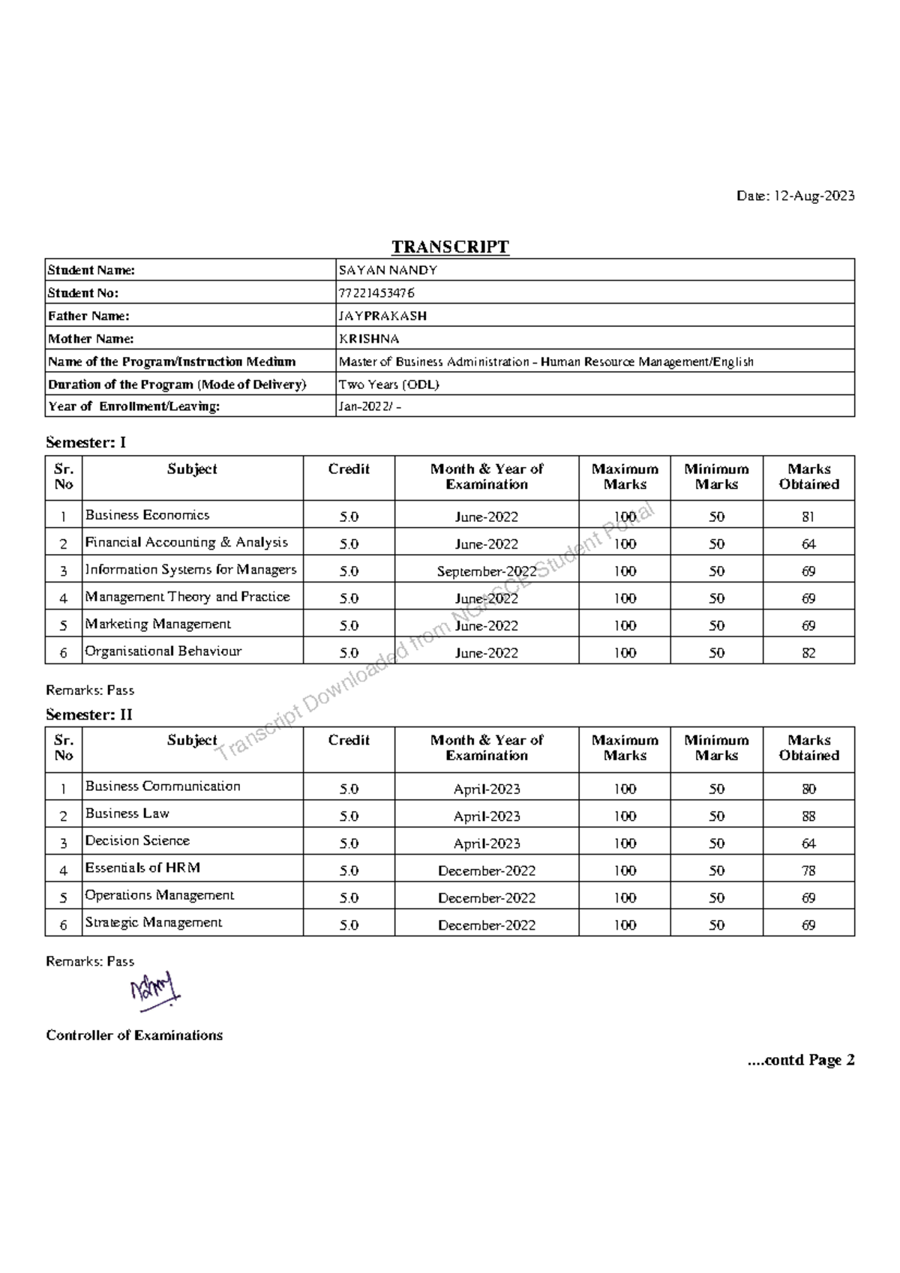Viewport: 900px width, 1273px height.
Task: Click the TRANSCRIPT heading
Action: [x=450, y=247]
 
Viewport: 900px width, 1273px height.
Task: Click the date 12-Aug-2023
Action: [x=814, y=196]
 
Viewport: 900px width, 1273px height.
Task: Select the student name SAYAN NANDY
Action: [x=388, y=270]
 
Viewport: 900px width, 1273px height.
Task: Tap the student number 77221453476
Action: [x=376, y=292]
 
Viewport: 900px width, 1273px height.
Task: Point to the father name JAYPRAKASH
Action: [x=382, y=316]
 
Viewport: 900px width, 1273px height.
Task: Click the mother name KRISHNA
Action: [x=369, y=339]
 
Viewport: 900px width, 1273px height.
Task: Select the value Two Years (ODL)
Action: [x=388, y=385]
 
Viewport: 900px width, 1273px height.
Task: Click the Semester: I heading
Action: [x=85, y=442]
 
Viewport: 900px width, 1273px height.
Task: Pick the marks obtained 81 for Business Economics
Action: [x=808, y=517]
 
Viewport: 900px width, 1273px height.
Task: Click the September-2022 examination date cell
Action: [x=486, y=571]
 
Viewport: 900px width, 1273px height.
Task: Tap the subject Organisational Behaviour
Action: [x=163, y=651]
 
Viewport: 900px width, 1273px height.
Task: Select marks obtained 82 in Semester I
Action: [x=808, y=653]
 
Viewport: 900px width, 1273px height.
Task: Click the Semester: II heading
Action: [x=88, y=714]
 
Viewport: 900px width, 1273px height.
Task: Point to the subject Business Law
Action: [x=127, y=813]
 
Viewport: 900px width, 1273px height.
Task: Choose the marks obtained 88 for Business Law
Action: [x=808, y=816]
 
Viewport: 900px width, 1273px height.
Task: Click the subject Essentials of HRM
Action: [x=142, y=867]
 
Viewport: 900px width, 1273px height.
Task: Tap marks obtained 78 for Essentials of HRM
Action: [x=808, y=871]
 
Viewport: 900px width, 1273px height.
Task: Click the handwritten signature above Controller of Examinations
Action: [x=155, y=991]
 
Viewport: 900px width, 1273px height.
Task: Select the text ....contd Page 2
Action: [x=800, y=1060]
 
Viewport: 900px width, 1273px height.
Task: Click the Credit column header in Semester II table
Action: [x=349, y=740]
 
